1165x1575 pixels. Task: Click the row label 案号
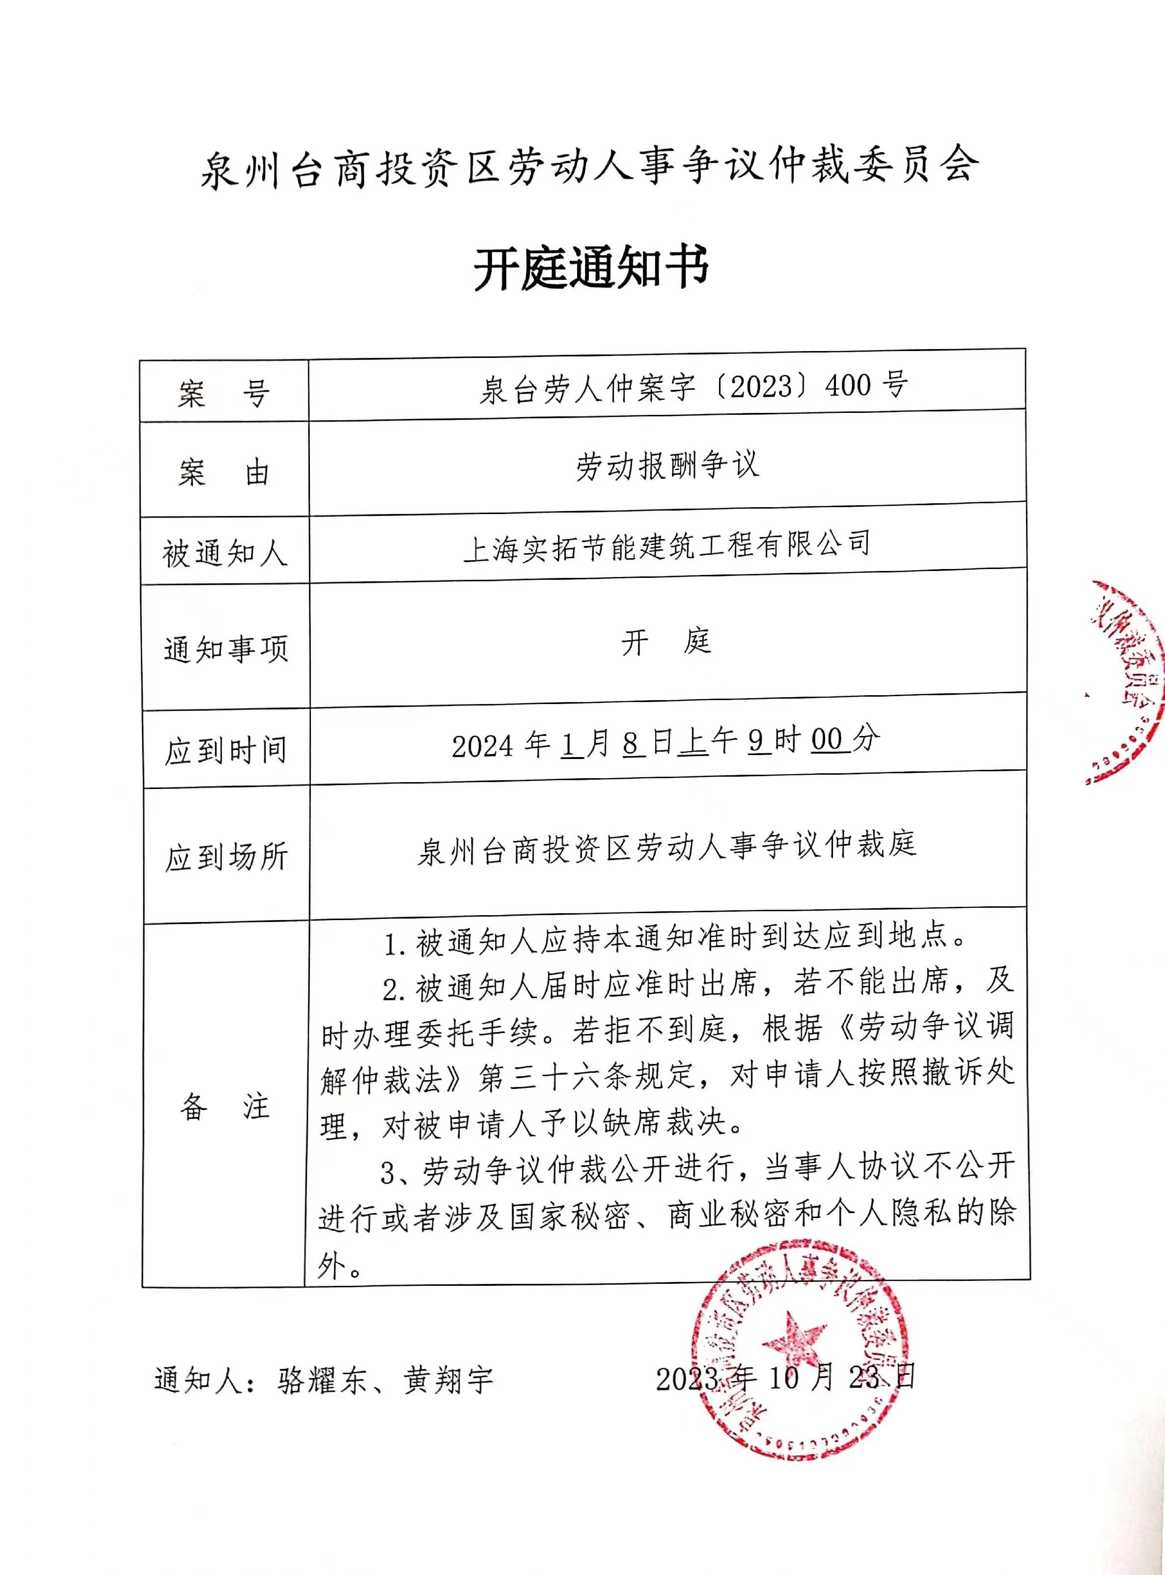[223, 393]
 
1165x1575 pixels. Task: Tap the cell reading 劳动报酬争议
[666, 465]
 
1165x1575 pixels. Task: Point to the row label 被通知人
[224, 553]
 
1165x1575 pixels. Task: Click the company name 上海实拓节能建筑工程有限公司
[666, 545]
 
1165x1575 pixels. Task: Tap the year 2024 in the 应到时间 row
[482, 746]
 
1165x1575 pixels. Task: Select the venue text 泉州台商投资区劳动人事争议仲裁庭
[666, 848]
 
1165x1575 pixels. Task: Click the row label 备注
[224, 1106]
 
